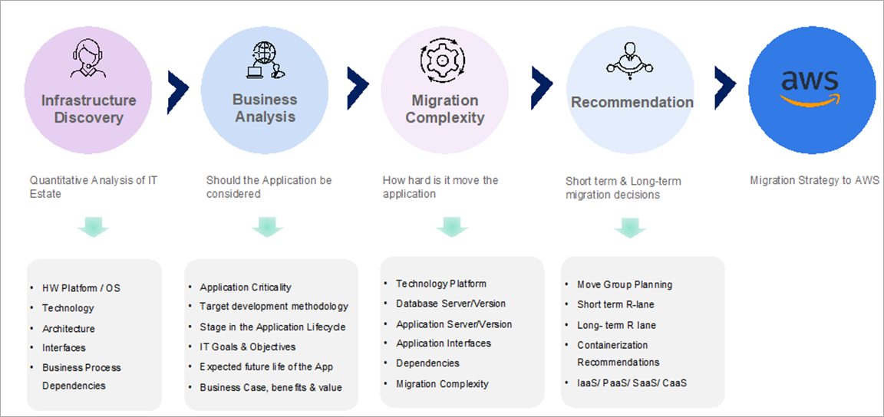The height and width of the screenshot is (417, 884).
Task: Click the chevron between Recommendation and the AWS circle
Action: (726, 84)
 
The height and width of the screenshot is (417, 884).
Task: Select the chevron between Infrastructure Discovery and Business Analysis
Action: (178, 87)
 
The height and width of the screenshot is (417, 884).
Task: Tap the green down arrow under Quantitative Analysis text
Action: (93, 226)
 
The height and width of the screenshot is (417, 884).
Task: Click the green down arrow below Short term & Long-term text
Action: (630, 227)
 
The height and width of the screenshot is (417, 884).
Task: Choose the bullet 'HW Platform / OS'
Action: (81, 288)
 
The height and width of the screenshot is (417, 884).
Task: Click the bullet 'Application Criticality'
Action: (246, 287)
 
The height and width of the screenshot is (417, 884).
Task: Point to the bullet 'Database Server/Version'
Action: (450, 304)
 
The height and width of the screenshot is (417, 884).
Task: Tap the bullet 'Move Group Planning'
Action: (625, 284)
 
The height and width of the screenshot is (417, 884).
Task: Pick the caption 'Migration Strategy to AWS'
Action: (814, 181)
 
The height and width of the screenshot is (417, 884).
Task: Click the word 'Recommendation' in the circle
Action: (632, 103)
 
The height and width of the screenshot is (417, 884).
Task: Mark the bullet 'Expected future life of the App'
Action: (266, 367)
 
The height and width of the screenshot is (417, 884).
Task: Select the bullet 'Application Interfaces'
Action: (444, 343)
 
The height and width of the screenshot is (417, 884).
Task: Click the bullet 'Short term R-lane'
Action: (615, 304)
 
